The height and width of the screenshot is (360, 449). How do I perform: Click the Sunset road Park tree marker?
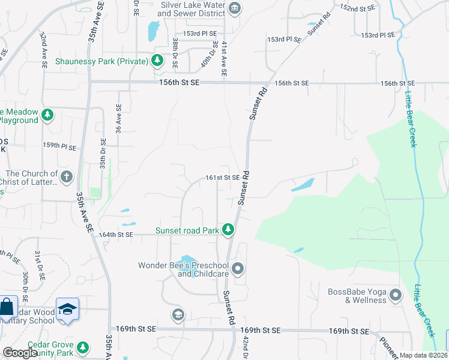click(x=228, y=229)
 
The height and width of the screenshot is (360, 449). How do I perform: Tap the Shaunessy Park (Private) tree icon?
click(x=157, y=61)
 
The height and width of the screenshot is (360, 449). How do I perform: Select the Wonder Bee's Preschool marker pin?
click(x=238, y=268)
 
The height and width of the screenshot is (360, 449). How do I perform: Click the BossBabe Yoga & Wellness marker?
click(x=395, y=295)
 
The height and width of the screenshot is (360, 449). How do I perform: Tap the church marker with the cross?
click(x=67, y=177)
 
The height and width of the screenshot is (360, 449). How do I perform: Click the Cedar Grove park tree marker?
click(x=83, y=347)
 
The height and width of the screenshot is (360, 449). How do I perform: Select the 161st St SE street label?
click(x=223, y=178)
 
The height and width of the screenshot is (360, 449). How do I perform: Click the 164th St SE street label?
click(x=115, y=235)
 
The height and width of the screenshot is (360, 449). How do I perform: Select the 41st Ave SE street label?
click(x=223, y=59)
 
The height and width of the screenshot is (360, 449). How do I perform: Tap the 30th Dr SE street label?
click(x=25, y=286)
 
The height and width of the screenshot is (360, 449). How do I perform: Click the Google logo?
click(x=20, y=353)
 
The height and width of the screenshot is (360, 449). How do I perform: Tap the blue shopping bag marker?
click(x=7, y=308)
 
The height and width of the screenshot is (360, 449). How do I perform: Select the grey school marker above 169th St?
click(x=178, y=314)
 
